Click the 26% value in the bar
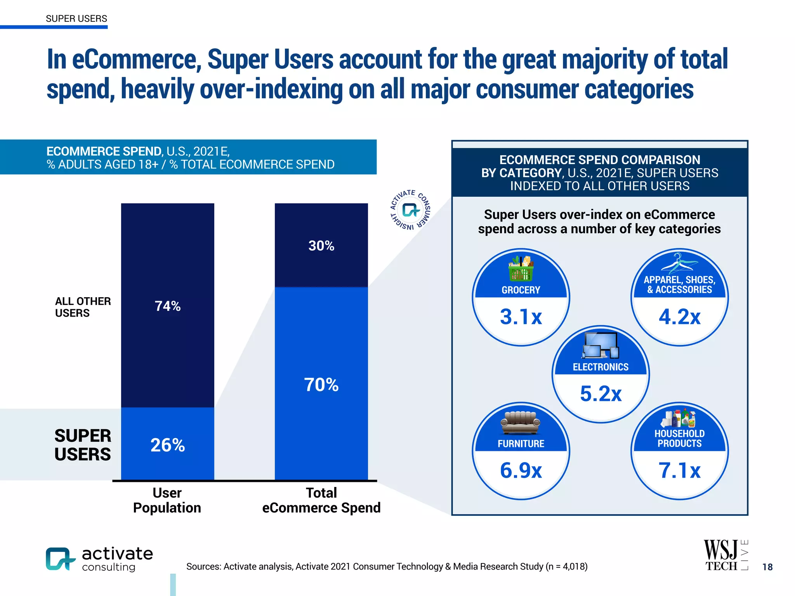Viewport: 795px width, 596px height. [167, 445]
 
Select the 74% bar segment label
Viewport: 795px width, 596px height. [167, 306]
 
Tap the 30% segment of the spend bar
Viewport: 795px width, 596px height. [321, 246]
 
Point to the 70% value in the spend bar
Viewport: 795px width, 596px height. [321, 385]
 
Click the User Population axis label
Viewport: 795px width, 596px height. [167, 500]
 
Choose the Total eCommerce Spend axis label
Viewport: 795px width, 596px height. [321, 500]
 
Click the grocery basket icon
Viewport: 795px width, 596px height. [521, 268]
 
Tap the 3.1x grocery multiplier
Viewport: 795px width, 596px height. [521, 317]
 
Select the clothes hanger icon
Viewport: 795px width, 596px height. [679, 263]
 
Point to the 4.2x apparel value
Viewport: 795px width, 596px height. [679, 317]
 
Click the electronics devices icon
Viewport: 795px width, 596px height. [600, 345]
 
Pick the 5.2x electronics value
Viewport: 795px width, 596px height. [601, 393]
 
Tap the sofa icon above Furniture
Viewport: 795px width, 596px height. [521, 423]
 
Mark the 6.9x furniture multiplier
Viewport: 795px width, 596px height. [521, 470]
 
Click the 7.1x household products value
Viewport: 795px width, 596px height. [679, 470]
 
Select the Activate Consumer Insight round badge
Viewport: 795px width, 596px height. [410, 210]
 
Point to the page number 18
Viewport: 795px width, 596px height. [767, 567]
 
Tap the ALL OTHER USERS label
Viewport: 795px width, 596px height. [83, 307]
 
